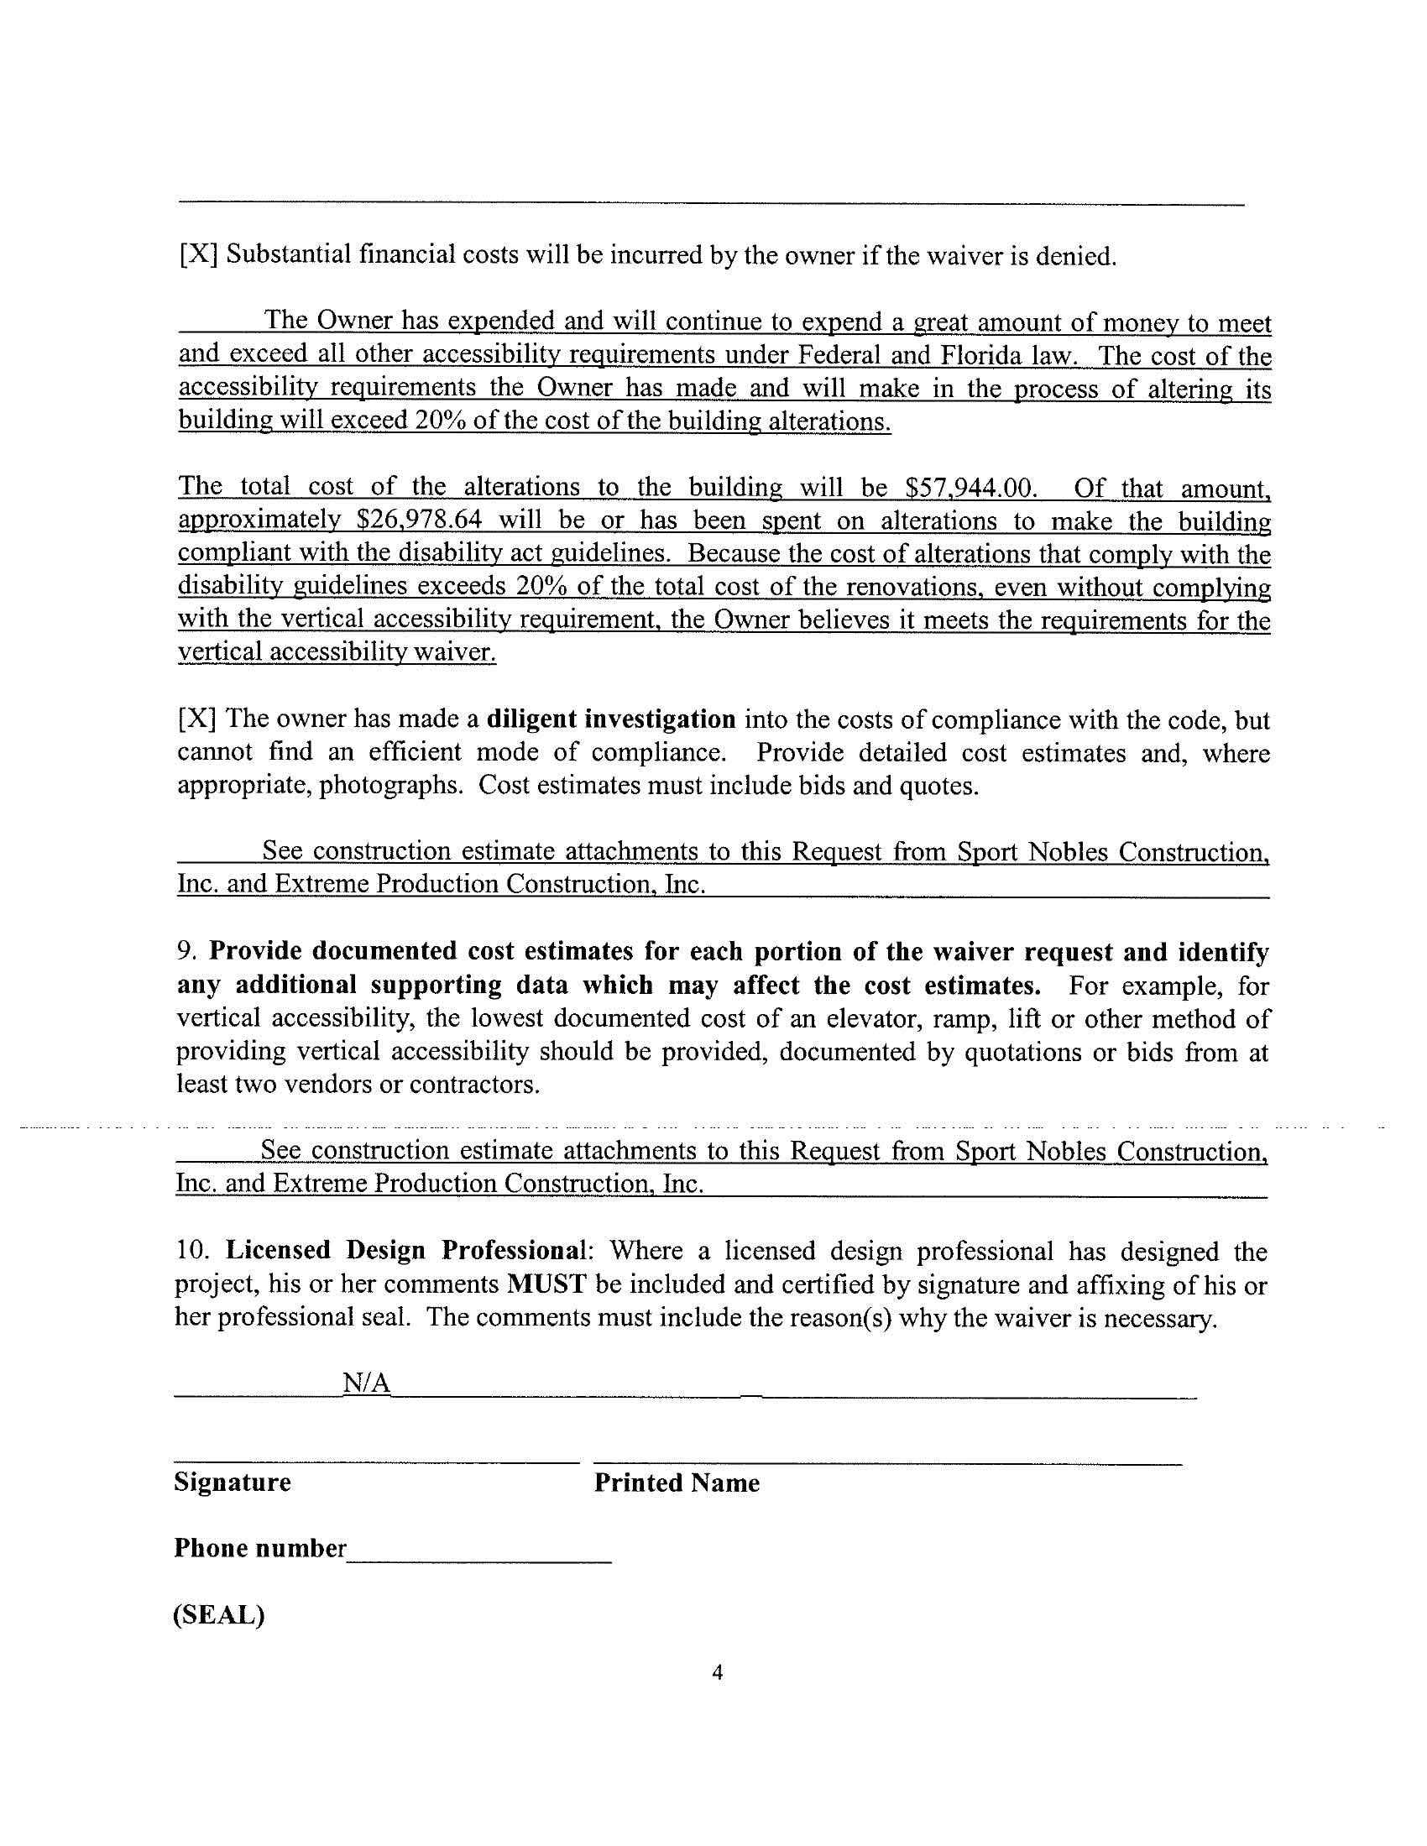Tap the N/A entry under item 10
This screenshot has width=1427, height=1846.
pos(366,1383)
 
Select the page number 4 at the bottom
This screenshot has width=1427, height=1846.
pos(717,1672)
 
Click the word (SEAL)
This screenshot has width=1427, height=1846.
pos(219,1614)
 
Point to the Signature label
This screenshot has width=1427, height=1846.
pos(233,1482)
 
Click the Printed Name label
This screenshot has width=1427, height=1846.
pos(677,1483)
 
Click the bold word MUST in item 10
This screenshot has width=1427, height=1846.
pos(546,1284)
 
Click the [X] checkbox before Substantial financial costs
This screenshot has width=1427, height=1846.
pos(198,254)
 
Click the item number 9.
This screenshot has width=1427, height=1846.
pos(186,952)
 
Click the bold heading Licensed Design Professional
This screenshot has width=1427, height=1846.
pos(405,1250)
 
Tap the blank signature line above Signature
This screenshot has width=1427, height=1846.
pos(376,1462)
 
